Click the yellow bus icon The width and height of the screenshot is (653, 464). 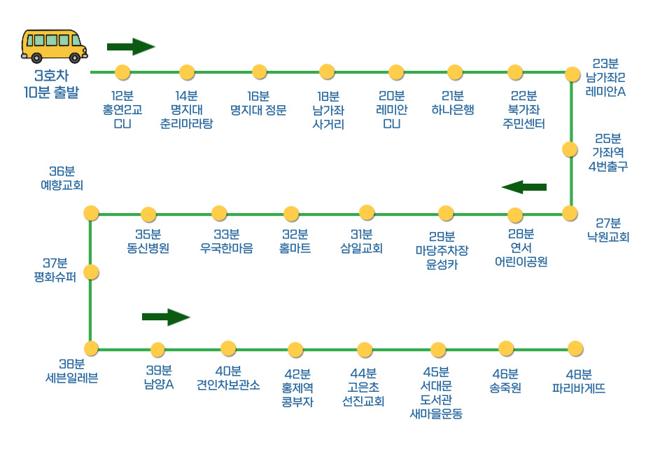(55, 46)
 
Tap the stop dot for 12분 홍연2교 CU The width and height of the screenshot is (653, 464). (122, 72)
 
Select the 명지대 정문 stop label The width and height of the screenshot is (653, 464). (258, 103)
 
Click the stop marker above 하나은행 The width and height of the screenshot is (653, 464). (455, 72)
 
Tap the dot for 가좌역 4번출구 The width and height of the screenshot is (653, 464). (570, 149)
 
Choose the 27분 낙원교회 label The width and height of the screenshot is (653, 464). (608, 230)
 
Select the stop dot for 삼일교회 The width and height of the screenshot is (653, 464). (367, 212)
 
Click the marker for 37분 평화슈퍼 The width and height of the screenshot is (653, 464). (90, 272)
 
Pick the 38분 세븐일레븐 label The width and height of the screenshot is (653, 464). (71, 371)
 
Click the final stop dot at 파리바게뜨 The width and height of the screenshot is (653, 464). (575, 348)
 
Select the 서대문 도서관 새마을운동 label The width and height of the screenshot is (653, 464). (437, 393)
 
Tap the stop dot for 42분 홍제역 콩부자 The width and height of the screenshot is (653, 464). (295, 349)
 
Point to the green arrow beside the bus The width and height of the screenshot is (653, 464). (130, 47)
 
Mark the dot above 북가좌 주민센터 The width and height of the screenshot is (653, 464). (515, 72)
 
